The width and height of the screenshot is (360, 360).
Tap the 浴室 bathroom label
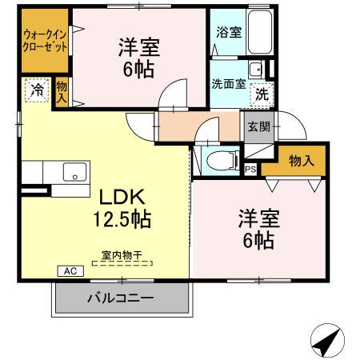pyautogui.click(x=228, y=33)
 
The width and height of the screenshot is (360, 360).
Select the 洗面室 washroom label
pyautogui.click(x=227, y=82)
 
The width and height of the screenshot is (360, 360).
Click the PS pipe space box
pyautogui.click(x=250, y=169)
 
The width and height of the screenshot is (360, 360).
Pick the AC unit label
pyautogui.click(x=69, y=270)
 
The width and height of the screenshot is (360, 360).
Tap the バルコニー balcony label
pyautogui.click(x=121, y=298)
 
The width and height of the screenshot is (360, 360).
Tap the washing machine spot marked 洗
pyautogui.click(x=262, y=94)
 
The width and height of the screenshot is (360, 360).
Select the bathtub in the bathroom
pyautogui.click(x=261, y=33)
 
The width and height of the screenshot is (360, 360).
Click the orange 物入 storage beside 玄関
pyautogui.click(x=301, y=161)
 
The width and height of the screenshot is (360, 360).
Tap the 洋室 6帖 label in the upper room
pyautogui.click(x=141, y=58)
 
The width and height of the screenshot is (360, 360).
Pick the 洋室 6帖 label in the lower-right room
pyautogui.click(x=257, y=228)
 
